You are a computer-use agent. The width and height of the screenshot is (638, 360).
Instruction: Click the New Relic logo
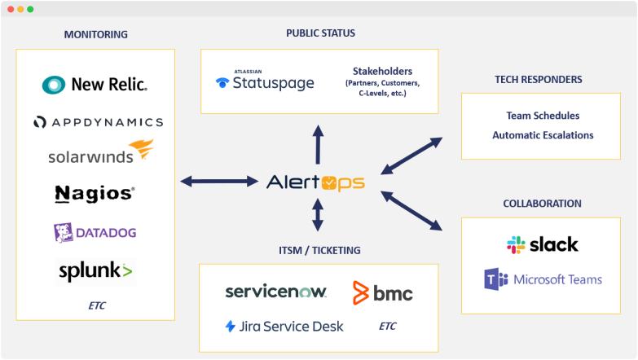[x=95, y=84]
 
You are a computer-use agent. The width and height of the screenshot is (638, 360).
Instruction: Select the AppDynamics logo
[x=98, y=122]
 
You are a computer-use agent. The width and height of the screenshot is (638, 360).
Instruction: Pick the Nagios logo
[x=95, y=193]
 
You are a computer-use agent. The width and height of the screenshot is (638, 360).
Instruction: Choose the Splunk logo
[x=95, y=270]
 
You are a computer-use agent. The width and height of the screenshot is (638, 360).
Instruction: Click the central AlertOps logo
[x=315, y=182]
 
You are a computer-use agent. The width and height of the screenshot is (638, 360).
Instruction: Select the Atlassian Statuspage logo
[x=265, y=82]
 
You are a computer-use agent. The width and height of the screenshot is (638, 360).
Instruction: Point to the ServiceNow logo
[x=275, y=292]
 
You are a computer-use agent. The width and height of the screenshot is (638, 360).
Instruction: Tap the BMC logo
[x=382, y=292]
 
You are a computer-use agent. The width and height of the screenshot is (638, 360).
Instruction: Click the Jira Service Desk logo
[x=284, y=326]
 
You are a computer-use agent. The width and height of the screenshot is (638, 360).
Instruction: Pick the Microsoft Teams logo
[x=543, y=279]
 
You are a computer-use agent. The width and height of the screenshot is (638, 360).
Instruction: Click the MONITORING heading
[x=95, y=34]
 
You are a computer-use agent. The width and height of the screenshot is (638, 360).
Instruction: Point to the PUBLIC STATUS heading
[x=320, y=33]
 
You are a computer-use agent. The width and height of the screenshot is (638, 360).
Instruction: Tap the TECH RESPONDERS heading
[x=538, y=80]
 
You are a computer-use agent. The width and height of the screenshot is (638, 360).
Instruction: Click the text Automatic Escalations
[x=543, y=135]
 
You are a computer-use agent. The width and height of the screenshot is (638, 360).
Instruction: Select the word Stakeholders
[x=382, y=71]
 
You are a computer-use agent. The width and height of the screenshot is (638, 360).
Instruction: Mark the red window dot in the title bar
[x=9, y=9]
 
